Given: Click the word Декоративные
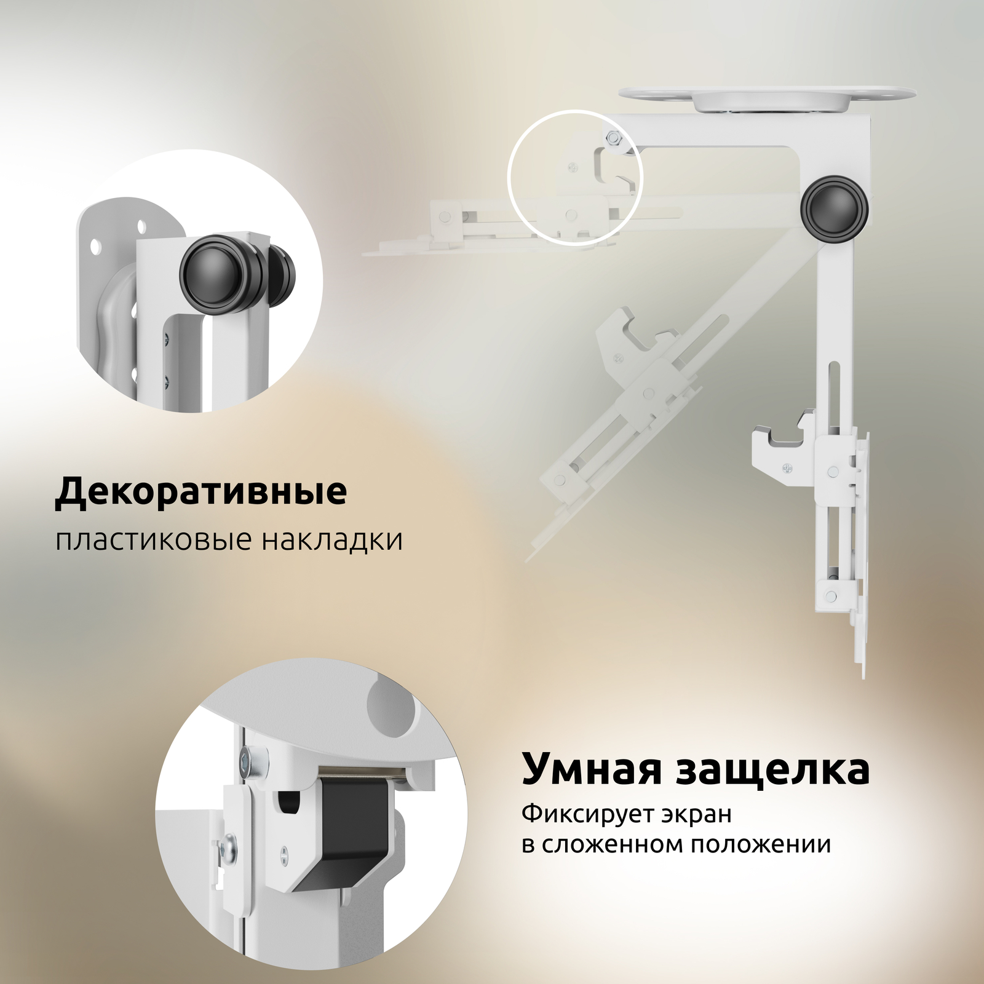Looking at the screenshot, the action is click(201, 491).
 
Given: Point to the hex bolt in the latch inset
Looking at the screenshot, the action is click(246, 764).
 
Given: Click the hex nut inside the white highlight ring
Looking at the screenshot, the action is click(613, 139).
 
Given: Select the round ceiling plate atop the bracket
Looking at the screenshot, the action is click(768, 97).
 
